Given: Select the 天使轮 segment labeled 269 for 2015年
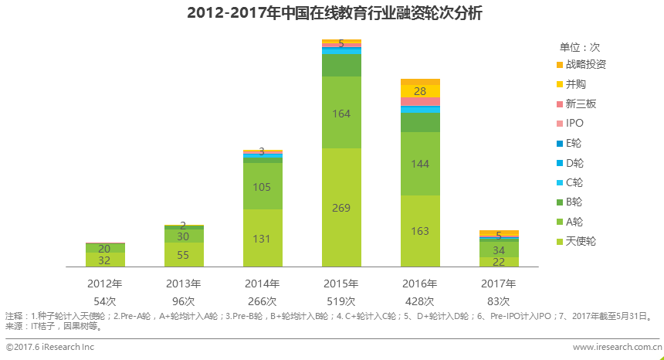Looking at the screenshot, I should pyautogui.click(x=341, y=207).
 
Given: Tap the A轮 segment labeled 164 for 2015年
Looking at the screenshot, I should pyautogui.click(x=341, y=113).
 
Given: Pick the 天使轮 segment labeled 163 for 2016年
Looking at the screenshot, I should pyautogui.click(x=420, y=230).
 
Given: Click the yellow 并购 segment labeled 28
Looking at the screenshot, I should pyautogui.click(x=420, y=91).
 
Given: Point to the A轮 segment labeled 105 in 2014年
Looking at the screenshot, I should pyautogui.click(x=263, y=186).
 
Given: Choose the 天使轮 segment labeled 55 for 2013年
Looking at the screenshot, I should pyautogui.click(x=184, y=255).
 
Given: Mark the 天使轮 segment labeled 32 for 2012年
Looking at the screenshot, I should pyautogui.click(x=105, y=260).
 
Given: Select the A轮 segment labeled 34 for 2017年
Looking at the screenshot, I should pyautogui.click(x=499, y=250).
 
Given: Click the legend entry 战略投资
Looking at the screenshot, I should pyautogui.click(x=584, y=64).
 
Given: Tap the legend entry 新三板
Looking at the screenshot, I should pyautogui.click(x=580, y=104).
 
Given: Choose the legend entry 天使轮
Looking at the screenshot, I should pyautogui.click(x=580, y=241).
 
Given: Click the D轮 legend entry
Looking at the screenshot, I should pyautogui.click(x=574, y=162).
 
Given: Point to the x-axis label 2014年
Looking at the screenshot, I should pyautogui.click(x=263, y=284).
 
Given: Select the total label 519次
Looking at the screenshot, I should pyautogui.click(x=341, y=301).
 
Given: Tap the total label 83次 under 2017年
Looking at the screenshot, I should pyautogui.click(x=499, y=301).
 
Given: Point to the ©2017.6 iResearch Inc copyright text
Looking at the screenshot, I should pyautogui.click(x=50, y=348).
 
